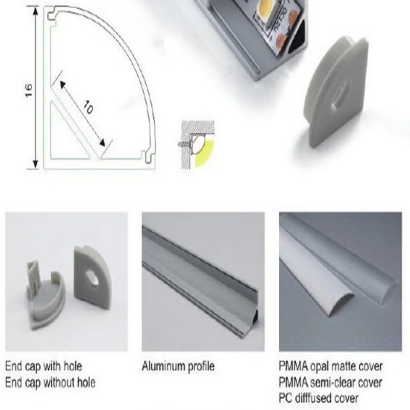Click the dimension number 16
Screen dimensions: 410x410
pyautogui.click(x=29, y=91)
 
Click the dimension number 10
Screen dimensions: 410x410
pyautogui.click(x=88, y=107)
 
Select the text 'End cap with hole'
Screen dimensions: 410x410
pyautogui.click(x=44, y=366)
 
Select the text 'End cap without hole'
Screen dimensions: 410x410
pyautogui.click(x=50, y=382)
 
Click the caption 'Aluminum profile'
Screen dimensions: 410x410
pyautogui.click(x=178, y=366)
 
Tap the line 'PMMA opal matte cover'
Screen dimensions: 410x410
pyautogui.click(x=331, y=366)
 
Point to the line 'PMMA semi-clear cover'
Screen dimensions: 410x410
pyautogui.click(x=330, y=382)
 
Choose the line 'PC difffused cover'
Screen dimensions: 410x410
pyautogui.click(x=318, y=398)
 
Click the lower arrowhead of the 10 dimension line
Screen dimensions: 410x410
pyautogui.click(x=102, y=142)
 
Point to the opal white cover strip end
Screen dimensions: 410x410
pyautogui.click(x=340, y=303)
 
